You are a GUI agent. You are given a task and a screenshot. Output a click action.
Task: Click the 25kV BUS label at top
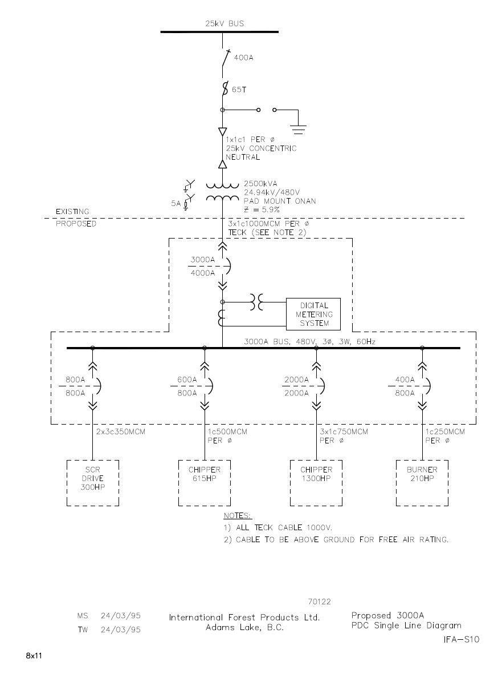pyautogui.click(x=225, y=24)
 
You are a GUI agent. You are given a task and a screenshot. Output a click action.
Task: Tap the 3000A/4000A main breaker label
pyautogui.click(x=202, y=266)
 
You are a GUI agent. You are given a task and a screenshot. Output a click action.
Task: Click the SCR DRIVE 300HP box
pyautogui.click(x=93, y=482)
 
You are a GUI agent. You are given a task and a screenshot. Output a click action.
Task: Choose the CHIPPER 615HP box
pyautogui.click(x=204, y=482)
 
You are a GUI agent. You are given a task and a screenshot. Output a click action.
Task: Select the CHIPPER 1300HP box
pyautogui.click(x=316, y=482)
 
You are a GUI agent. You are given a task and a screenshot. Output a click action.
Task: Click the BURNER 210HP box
pyautogui.click(x=422, y=482)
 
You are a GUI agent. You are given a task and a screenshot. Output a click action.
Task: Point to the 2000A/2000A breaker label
pyautogui.click(x=296, y=386)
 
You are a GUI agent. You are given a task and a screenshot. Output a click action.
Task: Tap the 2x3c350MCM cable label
pyautogui.click(x=121, y=432)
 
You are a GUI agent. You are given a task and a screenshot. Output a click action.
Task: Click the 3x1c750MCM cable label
pyautogui.click(x=344, y=432)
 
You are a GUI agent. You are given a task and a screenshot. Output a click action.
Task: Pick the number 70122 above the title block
pyautogui.click(x=319, y=602)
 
